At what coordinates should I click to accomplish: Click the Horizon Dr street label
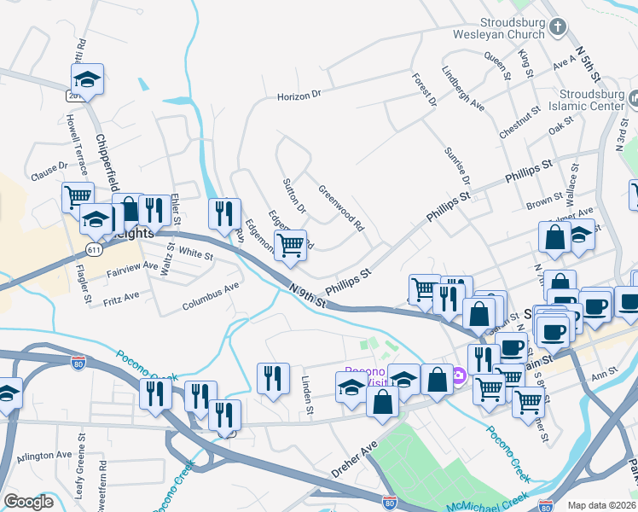(299, 96)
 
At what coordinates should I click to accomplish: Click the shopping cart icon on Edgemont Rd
(291, 245)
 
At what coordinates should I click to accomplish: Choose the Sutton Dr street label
(294, 195)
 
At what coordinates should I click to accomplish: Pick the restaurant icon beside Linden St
(273, 376)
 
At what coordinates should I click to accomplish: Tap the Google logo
(29, 501)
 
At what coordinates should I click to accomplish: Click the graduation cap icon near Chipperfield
(87, 79)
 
